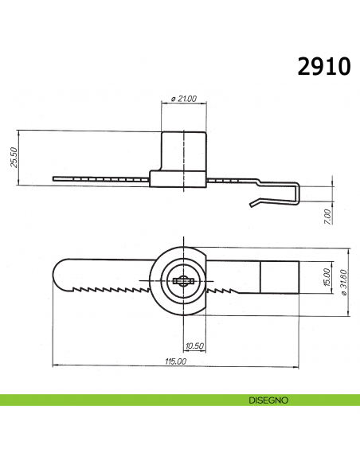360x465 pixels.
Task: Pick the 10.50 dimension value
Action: [194, 345]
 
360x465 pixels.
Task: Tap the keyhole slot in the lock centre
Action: [182, 279]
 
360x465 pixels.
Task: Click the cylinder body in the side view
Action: [184, 149]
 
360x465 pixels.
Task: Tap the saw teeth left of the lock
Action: [112, 287]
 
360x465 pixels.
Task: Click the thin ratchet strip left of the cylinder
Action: [100, 178]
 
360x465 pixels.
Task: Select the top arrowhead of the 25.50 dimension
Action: [19, 132]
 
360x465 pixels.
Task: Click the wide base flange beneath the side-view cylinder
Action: [180, 178]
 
